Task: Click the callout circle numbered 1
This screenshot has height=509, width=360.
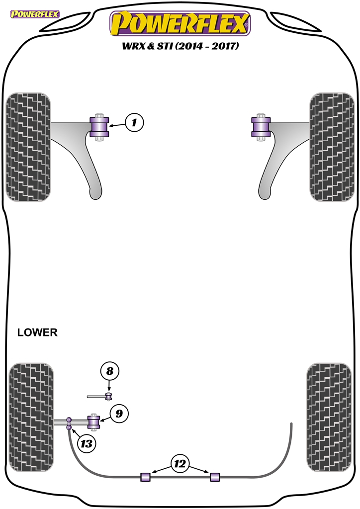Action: click(134, 122)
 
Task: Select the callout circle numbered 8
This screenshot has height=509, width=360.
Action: click(110, 371)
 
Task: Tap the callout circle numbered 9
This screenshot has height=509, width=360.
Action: click(119, 414)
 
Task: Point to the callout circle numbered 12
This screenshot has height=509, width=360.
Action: click(180, 464)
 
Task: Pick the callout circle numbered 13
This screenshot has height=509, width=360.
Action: click(87, 443)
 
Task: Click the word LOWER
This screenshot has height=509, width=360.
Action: click(37, 333)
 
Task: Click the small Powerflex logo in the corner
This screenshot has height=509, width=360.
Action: click(35, 14)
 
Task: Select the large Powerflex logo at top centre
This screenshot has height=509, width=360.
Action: click(180, 24)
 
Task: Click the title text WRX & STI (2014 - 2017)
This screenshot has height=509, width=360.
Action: click(180, 46)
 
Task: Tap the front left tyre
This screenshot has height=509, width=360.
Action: click(28, 147)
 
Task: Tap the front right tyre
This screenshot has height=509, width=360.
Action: click(332, 147)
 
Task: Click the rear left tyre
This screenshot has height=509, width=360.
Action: click(31, 418)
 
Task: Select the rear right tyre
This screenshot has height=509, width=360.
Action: click(329, 418)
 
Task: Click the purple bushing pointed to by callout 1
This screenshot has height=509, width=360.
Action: click(99, 127)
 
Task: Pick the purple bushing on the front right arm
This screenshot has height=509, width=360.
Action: click(261, 127)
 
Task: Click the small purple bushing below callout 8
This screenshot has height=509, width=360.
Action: click(109, 396)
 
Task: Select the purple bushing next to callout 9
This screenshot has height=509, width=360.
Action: click(94, 422)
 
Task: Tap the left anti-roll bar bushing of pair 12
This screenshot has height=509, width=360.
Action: click(145, 477)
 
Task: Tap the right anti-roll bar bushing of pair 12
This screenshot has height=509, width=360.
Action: click(215, 477)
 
